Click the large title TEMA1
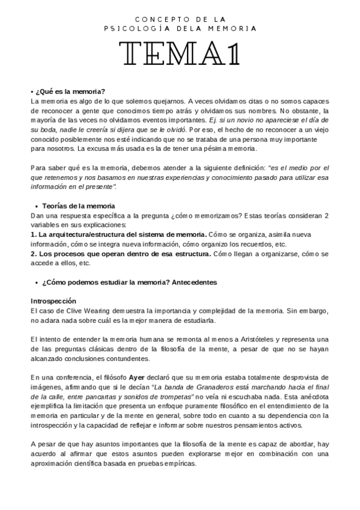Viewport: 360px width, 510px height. coord(180,56)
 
